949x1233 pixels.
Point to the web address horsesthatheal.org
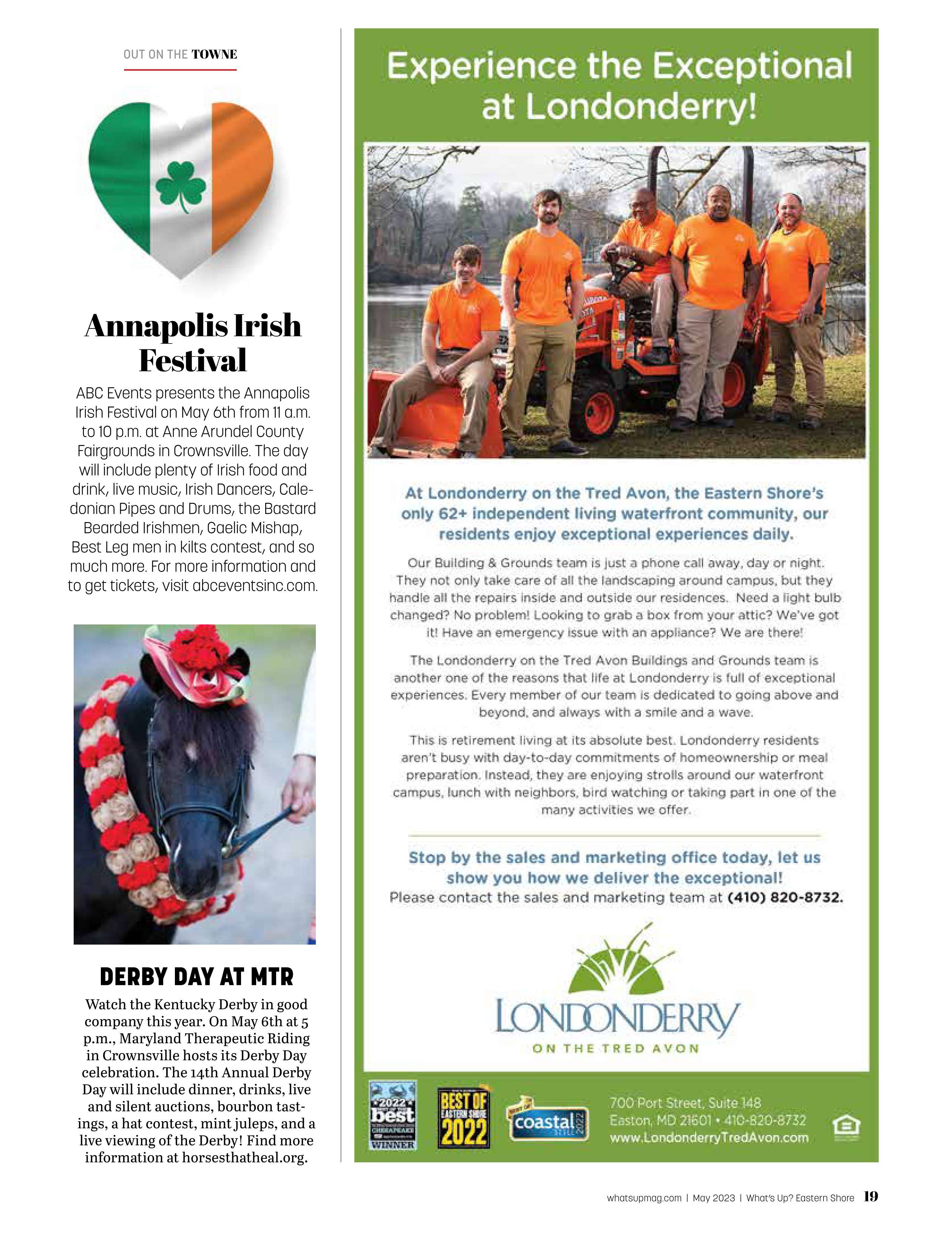(x=244, y=1157)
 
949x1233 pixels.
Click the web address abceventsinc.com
(x=255, y=586)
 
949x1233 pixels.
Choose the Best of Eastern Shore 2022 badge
(x=463, y=1121)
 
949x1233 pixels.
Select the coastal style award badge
(x=547, y=1121)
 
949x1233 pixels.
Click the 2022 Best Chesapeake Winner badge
(x=393, y=1115)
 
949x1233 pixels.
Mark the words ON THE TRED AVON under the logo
(x=615, y=1049)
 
